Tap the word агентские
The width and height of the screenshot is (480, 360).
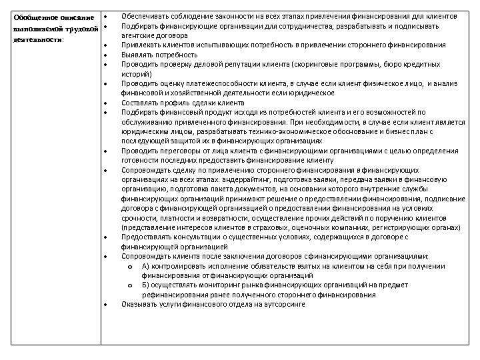click(x=139, y=35)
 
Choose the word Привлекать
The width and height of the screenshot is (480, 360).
click(x=139, y=45)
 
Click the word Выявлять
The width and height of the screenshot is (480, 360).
click(x=136, y=55)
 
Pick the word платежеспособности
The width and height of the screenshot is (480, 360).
click(x=208, y=83)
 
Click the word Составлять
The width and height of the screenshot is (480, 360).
click(x=139, y=103)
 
